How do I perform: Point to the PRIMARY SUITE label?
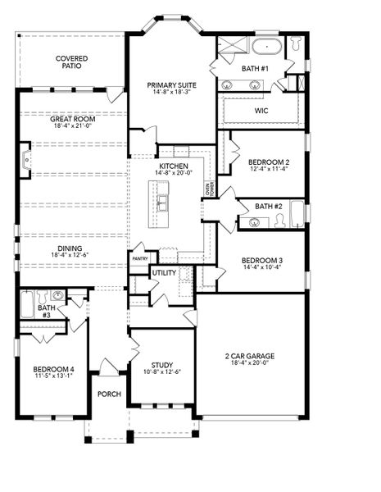tap(170, 84)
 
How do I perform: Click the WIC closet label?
tap(261, 109)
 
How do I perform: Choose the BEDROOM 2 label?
tap(269, 162)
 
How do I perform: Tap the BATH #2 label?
tap(268, 206)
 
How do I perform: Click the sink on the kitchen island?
tap(163, 203)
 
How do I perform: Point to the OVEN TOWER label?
tap(209, 189)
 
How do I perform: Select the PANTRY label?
tap(139, 258)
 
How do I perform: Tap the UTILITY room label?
tap(164, 272)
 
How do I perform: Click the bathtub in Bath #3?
tap(25, 308)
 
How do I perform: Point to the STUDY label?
tap(161, 365)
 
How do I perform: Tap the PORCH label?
tap(109, 394)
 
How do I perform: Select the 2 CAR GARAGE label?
tap(250, 356)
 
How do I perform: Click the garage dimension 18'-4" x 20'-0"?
tap(250, 364)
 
